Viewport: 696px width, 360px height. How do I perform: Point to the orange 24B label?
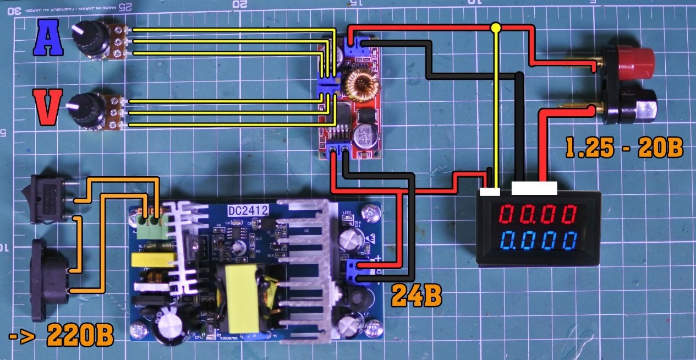[416, 296]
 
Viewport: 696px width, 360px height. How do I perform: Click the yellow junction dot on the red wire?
[496, 26]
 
